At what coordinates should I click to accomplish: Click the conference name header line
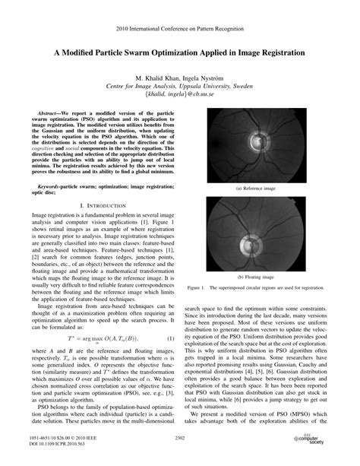point(179,27)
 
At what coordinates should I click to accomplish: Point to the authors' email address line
point(179,96)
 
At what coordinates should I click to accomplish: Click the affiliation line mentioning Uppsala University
point(179,87)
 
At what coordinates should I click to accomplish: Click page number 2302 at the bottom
point(179,439)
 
